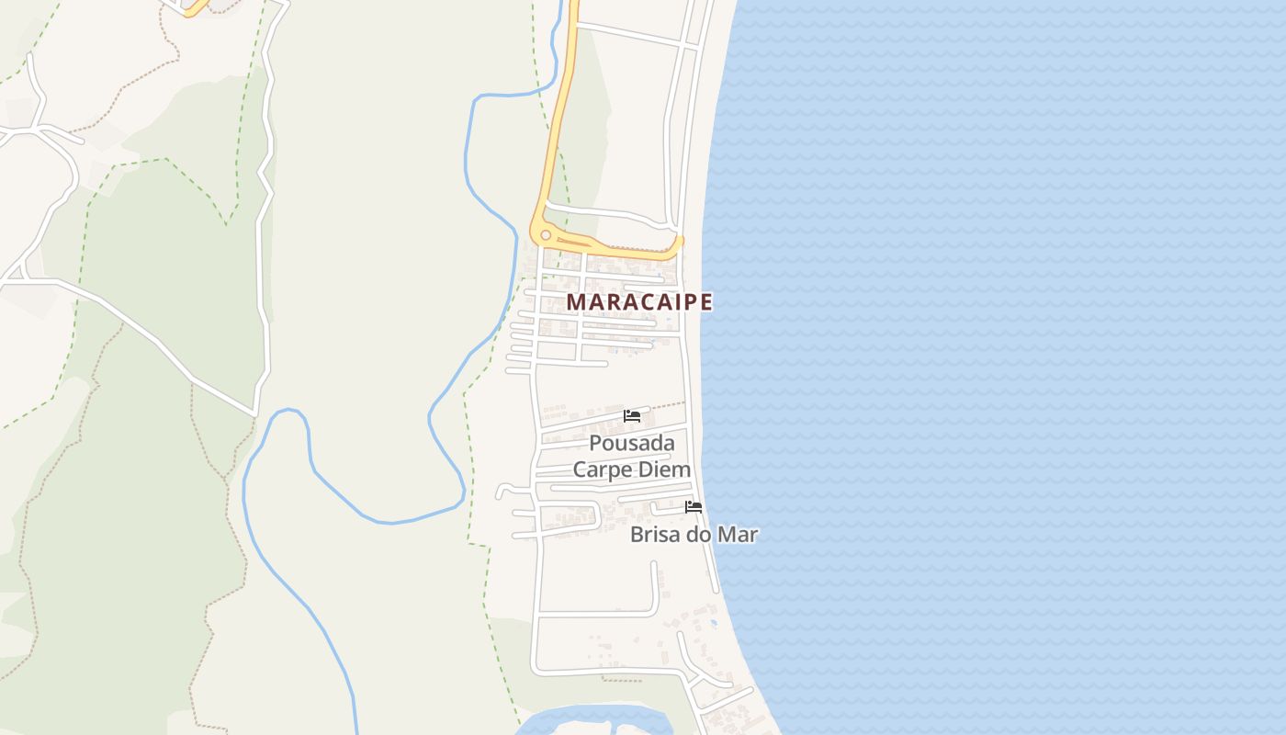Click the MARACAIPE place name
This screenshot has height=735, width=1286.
point(639,301)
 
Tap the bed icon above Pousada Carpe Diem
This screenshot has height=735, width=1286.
point(632,416)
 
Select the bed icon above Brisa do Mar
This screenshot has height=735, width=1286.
point(694,507)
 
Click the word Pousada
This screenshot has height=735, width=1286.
point(632,444)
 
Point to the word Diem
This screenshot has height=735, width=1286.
point(667,469)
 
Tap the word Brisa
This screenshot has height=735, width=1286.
point(655,535)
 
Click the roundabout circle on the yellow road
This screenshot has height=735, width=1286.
point(545,235)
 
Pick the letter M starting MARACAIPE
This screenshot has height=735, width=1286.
point(575,301)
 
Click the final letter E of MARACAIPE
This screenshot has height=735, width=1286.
point(705,301)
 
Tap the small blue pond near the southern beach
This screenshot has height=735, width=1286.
point(714,624)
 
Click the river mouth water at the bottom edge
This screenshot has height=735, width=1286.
point(588,721)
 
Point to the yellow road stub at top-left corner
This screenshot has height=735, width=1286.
point(194,7)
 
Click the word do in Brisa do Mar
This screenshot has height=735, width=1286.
point(699,535)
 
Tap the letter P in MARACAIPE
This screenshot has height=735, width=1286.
point(689,301)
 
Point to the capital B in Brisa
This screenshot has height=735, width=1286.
point(637,535)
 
